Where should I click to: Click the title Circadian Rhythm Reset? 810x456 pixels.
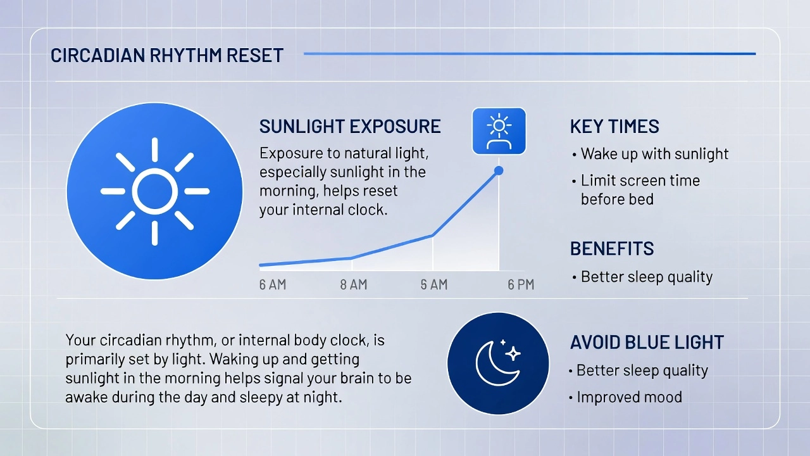[x=166, y=55]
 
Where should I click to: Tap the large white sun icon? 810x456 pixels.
[x=155, y=191]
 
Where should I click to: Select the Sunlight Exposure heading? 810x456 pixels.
[x=350, y=126]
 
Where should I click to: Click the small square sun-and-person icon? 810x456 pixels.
[x=499, y=131]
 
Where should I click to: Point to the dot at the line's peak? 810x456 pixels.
[x=499, y=170]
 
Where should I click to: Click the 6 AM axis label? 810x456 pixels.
[x=273, y=285]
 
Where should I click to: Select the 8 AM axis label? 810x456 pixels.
[x=354, y=285]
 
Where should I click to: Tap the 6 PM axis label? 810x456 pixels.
[x=521, y=285]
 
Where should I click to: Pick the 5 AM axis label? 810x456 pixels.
[x=434, y=285]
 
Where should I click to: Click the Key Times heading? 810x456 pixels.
[x=614, y=126]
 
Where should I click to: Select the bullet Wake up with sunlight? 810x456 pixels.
[x=651, y=154]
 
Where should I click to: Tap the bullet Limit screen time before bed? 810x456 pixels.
[x=636, y=190]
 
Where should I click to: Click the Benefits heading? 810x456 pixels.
[x=612, y=249]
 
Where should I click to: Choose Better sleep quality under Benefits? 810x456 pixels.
[x=642, y=277]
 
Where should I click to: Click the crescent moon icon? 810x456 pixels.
[x=497, y=364]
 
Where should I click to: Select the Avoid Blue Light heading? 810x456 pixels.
[x=647, y=343]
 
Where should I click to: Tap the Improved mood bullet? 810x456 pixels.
[x=626, y=397]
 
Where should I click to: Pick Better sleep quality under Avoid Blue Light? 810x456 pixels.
[x=639, y=371]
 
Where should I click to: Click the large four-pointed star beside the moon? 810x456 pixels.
[x=513, y=353]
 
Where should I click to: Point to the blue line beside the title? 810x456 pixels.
[x=530, y=54]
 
